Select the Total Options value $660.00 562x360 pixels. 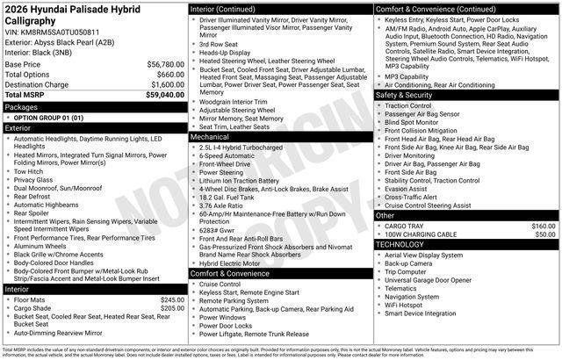164,75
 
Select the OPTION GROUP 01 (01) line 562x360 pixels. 48,117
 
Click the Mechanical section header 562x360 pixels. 210,137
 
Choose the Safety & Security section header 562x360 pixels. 404,94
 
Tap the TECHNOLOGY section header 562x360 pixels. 400,243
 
